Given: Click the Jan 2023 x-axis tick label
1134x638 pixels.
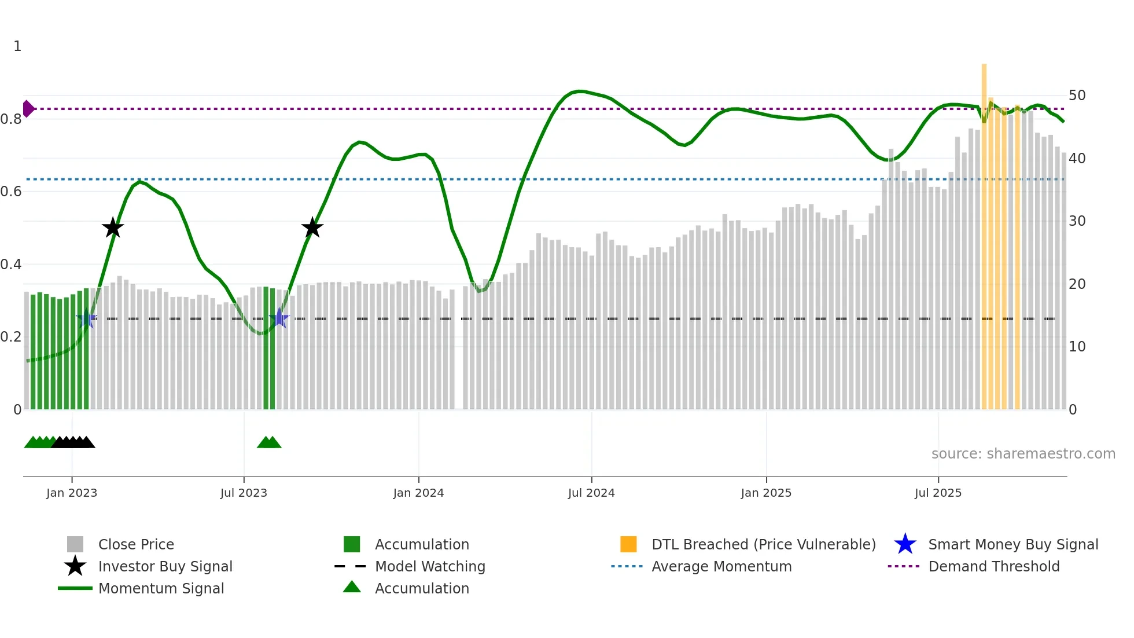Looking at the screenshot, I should [x=72, y=493].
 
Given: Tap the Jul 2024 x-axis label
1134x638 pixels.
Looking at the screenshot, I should [x=591, y=493].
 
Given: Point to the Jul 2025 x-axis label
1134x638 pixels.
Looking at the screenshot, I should [x=938, y=493].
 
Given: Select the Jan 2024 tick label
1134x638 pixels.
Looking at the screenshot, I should [x=418, y=493].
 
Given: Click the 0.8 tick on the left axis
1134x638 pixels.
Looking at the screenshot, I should [x=11, y=119].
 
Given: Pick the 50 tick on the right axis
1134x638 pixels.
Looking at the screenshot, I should [x=1077, y=96].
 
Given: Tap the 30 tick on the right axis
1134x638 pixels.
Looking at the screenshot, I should [x=1077, y=221].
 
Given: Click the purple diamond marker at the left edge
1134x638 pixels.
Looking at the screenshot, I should [x=28, y=109].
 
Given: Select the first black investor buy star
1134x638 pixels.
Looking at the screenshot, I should [x=113, y=228].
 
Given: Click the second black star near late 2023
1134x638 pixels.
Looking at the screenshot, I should [x=312, y=228].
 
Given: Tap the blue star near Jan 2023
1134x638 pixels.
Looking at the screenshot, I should [x=86, y=318].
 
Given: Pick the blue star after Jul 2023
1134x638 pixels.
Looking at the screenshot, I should [x=279, y=318].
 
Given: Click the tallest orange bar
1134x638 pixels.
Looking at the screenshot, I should [x=984, y=232].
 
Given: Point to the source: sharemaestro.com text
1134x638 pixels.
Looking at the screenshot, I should [x=1023, y=454].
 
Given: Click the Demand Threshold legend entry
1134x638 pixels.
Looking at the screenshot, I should [x=993, y=566].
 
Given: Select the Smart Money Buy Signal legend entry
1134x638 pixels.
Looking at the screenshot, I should [x=1013, y=544].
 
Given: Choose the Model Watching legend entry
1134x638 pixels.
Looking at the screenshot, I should [x=429, y=566].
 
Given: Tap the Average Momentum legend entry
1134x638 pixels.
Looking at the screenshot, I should [x=721, y=566].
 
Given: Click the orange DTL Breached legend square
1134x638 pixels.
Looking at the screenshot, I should [x=628, y=544].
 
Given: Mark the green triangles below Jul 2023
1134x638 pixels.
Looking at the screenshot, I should [x=269, y=442].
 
